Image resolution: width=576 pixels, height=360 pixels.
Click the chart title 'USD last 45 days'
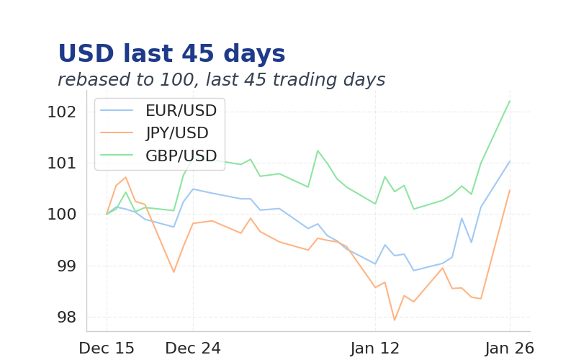[x=171, y=55]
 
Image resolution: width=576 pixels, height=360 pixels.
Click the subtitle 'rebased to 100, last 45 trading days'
[x=221, y=80]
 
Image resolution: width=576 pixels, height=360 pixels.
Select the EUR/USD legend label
[x=181, y=111]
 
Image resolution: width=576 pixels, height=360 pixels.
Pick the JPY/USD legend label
[x=176, y=133]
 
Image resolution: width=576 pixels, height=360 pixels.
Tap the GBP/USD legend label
[x=181, y=156]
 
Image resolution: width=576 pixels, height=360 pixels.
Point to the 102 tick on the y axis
[x=61, y=112]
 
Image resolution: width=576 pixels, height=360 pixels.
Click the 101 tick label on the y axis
[x=61, y=163]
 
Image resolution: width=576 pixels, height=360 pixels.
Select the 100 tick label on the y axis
[x=61, y=215]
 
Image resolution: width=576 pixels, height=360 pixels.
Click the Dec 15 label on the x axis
[x=107, y=348]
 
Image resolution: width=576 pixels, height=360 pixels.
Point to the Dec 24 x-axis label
[x=193, y=348]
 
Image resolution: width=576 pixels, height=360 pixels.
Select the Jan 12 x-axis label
[x=375, y=348]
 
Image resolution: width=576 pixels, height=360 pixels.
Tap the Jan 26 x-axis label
[x=510, y=348]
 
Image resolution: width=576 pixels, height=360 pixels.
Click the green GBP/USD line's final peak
[x=510, y=101]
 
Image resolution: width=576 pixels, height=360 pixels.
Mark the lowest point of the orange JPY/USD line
[x=395, y=320]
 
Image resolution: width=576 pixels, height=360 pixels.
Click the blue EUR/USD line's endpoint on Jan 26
[x=510, y=161]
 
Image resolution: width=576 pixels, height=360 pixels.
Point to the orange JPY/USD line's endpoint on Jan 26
[x=510, y=190]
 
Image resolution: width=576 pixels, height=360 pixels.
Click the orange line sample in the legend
[x=117, y=133]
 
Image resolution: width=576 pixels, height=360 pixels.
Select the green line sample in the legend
[x=117, y=156]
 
